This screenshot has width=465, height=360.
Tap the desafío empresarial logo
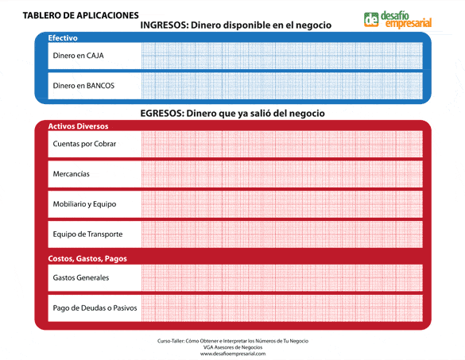[x=397, y=19]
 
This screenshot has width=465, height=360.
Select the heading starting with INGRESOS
[x=235, y=26]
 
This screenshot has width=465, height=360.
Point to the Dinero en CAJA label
[x=78, y=56]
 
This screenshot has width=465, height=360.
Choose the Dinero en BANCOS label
[x=83, y=86]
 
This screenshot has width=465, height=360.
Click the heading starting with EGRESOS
[x=233, y=114]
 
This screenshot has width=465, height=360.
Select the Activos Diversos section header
[x=78, y=126]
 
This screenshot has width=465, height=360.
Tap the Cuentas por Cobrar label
[x=84, y=144]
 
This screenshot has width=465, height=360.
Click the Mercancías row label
[x=71, y=173]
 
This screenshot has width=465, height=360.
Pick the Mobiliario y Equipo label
[x=84, y=203]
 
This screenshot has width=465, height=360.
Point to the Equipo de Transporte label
[x=87, y=234]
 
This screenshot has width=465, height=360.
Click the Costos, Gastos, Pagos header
[x=87, y=259]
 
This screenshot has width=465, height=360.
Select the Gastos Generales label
[x=80, y=277]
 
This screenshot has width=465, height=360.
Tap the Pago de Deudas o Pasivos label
[x=95, y=307]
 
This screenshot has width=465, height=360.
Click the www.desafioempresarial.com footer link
[x=233, y=354]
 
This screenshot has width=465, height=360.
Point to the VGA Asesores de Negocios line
[x=233, y=347]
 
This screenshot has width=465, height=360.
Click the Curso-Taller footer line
[x=233, y=340]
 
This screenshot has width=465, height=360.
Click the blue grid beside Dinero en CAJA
[x=282, y=56]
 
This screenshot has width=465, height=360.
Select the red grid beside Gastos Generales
[x=282, y=277]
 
